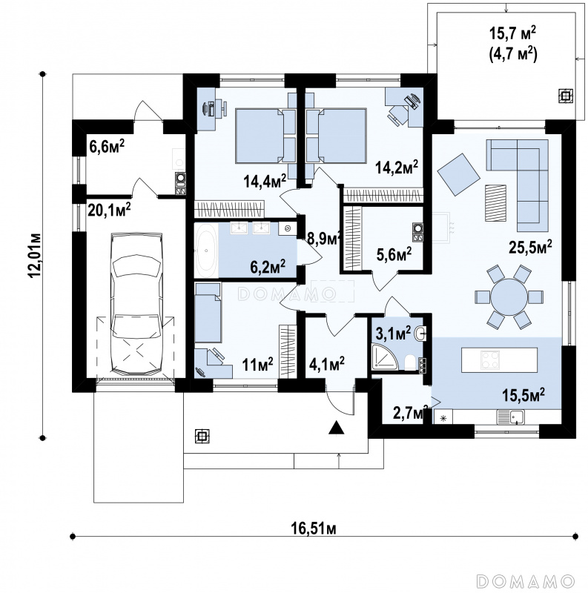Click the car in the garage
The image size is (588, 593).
[136, 304]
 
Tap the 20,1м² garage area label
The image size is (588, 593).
[109, 210]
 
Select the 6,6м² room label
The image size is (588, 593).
[107, 146]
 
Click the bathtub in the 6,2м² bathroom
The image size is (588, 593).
[206, 250]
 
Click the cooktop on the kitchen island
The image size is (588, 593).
[490, 360]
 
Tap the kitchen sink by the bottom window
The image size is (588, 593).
[511, 417]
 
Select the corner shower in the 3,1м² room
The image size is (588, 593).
[385, 357]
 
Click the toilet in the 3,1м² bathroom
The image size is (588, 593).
[410, 362]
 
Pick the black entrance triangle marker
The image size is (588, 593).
[336, 428]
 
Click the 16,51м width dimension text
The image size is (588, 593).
[314, 529]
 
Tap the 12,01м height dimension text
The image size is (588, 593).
[36, 254]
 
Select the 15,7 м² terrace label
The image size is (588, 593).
[512, 33]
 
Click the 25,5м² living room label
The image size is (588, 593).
[530, 248]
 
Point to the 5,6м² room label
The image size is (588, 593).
[394, 254]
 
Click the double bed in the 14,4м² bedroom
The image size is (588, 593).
[260, 136]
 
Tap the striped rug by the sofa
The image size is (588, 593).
[495, 202]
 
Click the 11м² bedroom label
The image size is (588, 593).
[258, 365]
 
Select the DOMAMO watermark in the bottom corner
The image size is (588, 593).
[526, 580]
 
